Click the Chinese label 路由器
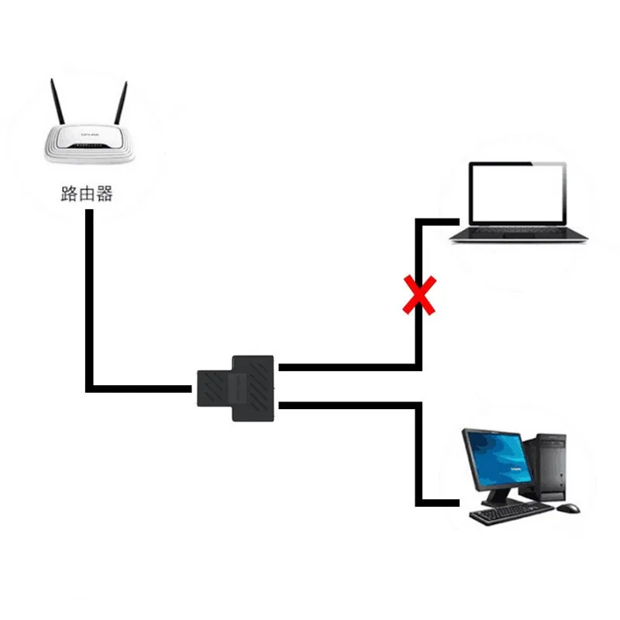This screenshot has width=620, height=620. click(87, 194)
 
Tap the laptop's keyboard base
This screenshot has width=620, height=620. click(519, 233)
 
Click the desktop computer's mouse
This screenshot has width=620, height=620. click(569, 509)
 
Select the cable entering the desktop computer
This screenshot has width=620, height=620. click(438, 503)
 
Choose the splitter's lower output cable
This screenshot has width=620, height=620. click(349, 405)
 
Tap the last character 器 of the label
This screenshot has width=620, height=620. click(105, 194)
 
